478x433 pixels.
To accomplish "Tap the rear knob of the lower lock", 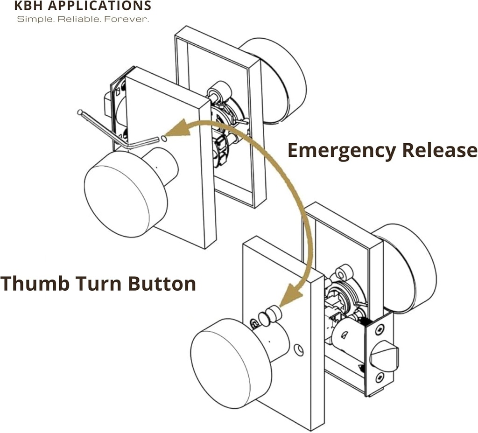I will click(x=411, y=266).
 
